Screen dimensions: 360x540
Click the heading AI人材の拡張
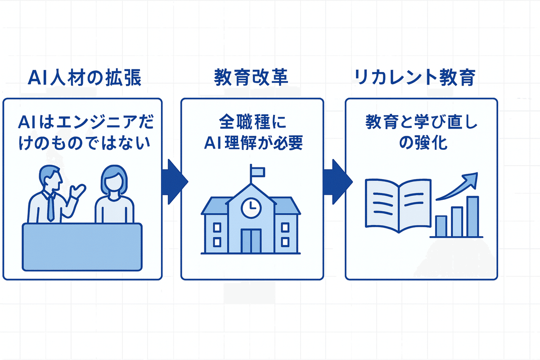pos(85,78)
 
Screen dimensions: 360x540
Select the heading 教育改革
pos(251,78)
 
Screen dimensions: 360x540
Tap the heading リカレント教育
pos(415,78)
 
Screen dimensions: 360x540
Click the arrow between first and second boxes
pos(175,180)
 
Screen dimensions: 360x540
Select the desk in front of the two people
pos(82,247)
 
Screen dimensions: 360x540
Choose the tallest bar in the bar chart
pos(472,216)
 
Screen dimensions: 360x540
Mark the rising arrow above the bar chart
pos(457,187)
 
